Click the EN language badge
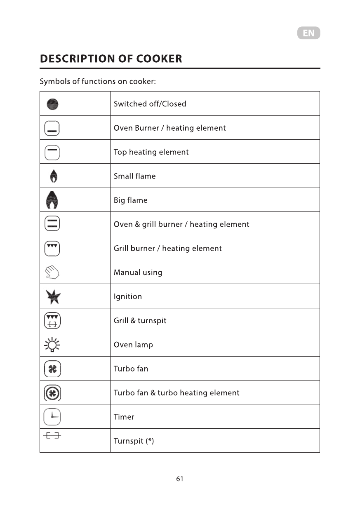308,33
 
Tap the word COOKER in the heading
159,59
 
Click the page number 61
179,479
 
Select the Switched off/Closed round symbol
52,104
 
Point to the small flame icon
53,176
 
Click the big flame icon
52,200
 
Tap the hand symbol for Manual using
52,272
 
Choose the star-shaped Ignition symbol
53,296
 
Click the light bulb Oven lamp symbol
52,345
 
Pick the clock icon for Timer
52,417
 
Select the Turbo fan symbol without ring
52,369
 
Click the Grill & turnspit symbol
52,320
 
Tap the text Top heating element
151,152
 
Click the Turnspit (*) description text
134,441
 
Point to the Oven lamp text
133,345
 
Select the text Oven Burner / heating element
169,128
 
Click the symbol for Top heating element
52,152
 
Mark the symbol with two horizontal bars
52,224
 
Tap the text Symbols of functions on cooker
98,81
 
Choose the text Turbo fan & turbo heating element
176,393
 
